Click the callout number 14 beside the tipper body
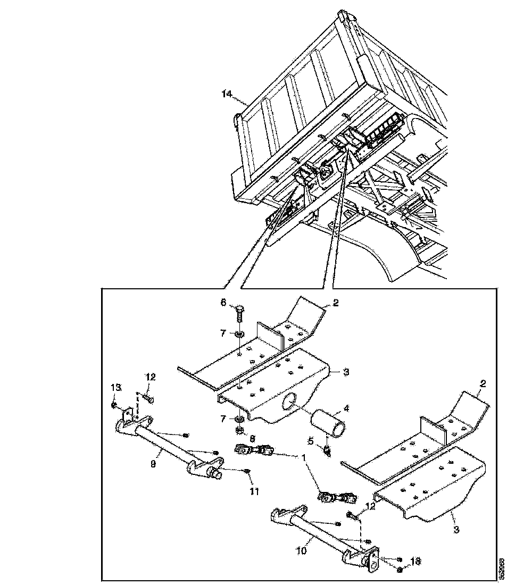[227, 94]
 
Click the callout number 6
[223, 302]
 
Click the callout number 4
[346, 409]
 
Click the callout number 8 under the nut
[252, 439]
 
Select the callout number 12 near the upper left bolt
[151, 377]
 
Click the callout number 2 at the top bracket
[335, 303]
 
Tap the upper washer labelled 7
[239, 334]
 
